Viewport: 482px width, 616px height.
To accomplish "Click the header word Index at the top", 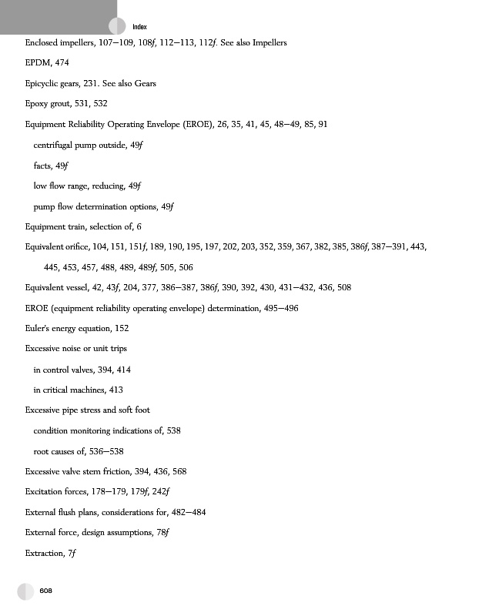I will (x=140, y=26).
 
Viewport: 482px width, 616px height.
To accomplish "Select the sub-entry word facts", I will (x=42, y=165).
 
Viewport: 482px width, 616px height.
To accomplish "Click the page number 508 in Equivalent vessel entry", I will (x=343, y=287).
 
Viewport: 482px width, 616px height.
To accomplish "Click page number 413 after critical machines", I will (x=115, y=390).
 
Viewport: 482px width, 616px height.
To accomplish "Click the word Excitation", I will (x=45, y=491).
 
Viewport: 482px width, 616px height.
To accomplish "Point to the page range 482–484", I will (x=189, y=512).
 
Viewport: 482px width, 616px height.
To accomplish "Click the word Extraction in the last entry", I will (x=45, y=553).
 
